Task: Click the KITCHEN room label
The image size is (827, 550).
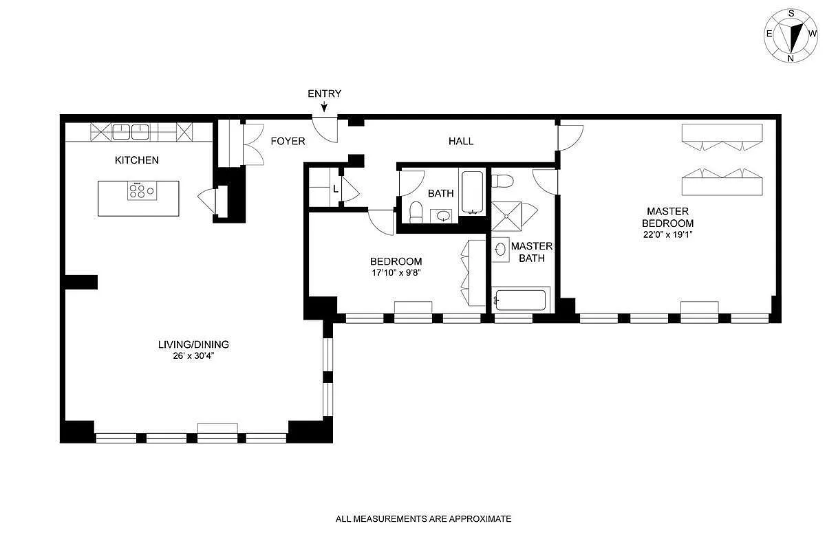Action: click(x=137, y=160)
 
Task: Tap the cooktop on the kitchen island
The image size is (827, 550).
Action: click(x=142, y=190)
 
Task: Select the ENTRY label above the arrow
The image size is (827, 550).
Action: click(x=324, y=93)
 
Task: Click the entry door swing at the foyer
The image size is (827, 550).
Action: click(x=325, y=129)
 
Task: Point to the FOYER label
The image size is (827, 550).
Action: click(x=288, y=141)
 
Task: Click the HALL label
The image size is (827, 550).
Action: click(x=461, y=141)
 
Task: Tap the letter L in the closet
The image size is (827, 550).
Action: click(x=335, y=189)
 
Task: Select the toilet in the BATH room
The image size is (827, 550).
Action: click(x=416, y=212)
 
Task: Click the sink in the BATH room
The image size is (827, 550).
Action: click(x=442, y=216)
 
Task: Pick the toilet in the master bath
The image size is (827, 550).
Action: click(x=502, y=181)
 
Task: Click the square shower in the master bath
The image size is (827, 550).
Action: click(x=506, y=216)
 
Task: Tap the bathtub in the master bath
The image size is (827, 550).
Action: click(x=521, y=300)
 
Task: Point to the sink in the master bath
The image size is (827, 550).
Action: click(x=501, y=250)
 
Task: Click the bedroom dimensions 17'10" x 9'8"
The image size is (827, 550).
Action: click(x=396, y=273)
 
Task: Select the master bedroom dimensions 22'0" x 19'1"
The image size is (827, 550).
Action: click(x=667, y=234)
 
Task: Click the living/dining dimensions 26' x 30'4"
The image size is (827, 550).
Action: click(x=193, y=356)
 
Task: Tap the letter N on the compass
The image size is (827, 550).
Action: click(x=791, y=58)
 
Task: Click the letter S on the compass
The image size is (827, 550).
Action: click(x=791, y=14)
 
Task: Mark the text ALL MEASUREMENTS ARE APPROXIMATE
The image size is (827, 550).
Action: click(x=423, y=519)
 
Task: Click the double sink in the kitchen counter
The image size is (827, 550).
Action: click(x=131, y=132)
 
